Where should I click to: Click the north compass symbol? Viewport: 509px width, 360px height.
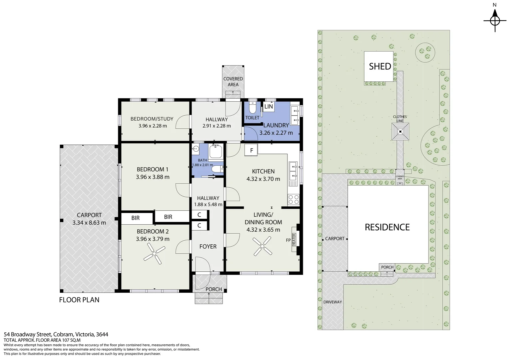(x=495, y=21)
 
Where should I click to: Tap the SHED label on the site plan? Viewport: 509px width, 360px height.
(x=380, y=66)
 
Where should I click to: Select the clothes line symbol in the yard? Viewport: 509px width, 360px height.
(x=400, y=131)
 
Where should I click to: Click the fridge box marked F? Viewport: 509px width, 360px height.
(x=251, y=150)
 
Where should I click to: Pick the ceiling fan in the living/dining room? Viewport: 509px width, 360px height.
(x=262, y=246)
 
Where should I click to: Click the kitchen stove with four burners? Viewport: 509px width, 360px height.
(x=293, y=200)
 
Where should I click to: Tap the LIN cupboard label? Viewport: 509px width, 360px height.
(x=268, y=106)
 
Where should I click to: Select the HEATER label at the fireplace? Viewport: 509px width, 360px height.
(x=294, y=239)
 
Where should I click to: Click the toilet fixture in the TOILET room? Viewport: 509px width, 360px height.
(x=252, y=107)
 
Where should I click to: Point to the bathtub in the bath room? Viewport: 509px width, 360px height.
(x=216, y=151)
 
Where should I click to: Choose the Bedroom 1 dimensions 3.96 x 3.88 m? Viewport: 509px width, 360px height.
(x=153, y=177)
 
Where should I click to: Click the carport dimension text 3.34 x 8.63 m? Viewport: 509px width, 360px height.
(x=89, y=223)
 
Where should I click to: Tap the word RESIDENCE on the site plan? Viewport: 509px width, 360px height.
(x=387, y=227)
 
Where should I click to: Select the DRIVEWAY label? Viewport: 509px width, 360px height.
(x=333, y=302)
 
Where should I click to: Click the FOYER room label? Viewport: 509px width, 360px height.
(x=208, y=247)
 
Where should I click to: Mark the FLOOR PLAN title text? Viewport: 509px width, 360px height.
(x=79, y=300)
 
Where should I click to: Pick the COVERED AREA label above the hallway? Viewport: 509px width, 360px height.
(x=233, y=82)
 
